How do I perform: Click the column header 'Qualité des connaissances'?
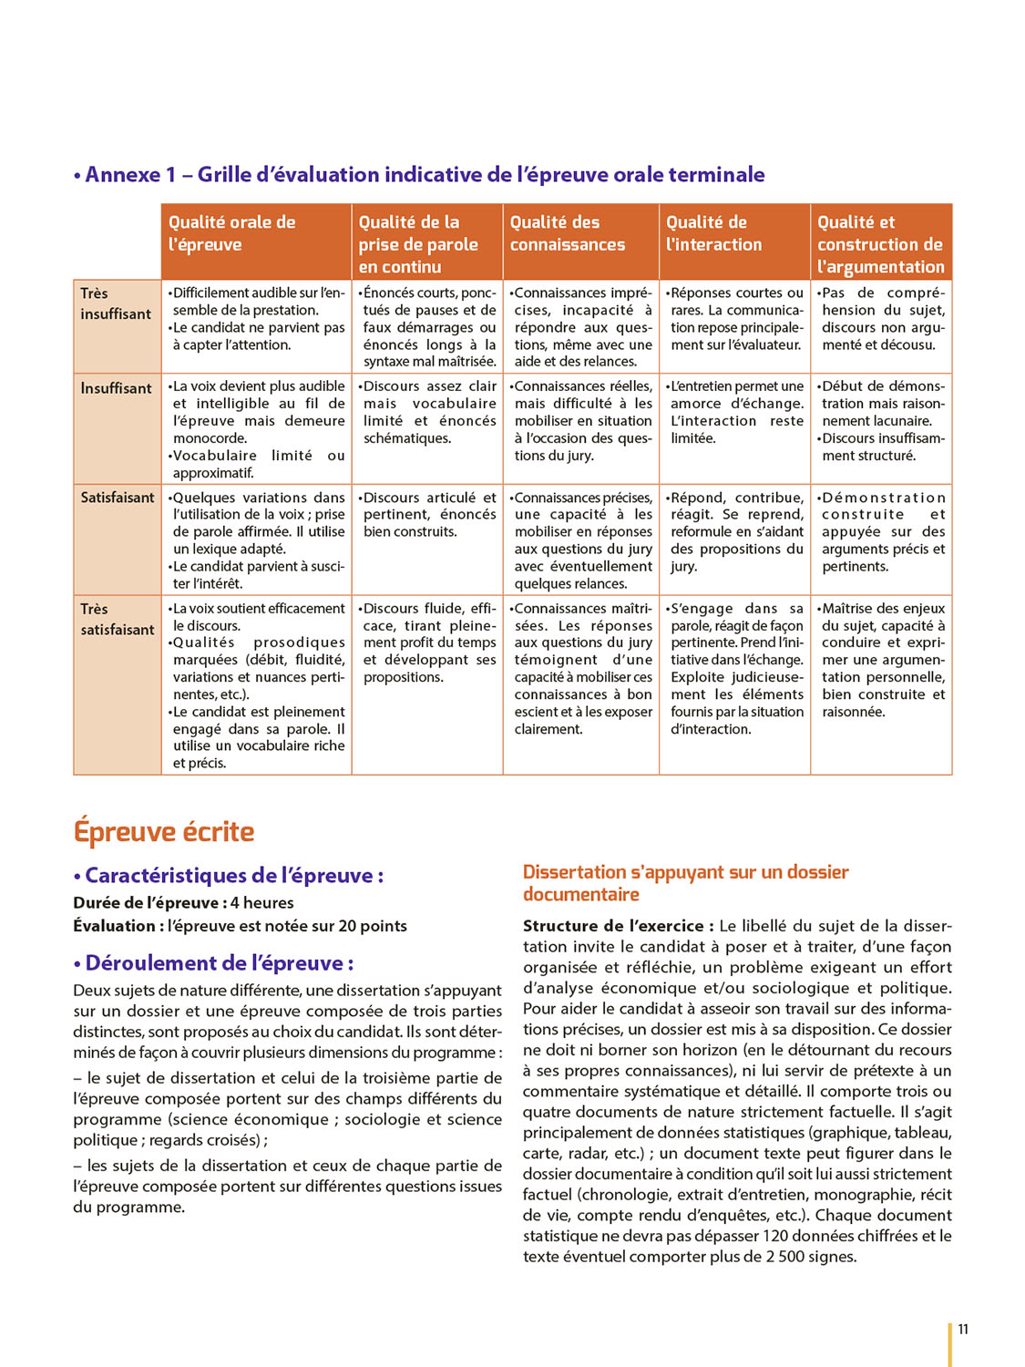click(x=568, y=233)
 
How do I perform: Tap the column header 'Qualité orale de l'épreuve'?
click(x=232, y=233)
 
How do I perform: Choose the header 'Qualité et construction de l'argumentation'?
click(x=880, y=244)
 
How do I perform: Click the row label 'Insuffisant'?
click(x=116, y=388)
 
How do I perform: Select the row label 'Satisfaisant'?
click(x=118, y=498)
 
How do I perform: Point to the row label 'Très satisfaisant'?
click(x=118, y=619)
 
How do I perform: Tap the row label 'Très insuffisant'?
click(x=116, y=303)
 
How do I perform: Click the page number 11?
click(x=963, y=1329)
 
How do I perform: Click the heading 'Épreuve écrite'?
click(x=164, y=832)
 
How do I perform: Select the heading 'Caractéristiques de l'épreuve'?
click(x=229, y=876)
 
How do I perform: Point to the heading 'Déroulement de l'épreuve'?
click(x=214, y=963)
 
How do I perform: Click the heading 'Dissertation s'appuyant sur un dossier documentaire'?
click(x=685, y=883)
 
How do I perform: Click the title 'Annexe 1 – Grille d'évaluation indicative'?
click(x=420, y=175)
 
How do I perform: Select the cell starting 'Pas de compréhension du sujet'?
click(x=882, y=319)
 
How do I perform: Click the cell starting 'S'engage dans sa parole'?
click(x=736, y=668)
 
